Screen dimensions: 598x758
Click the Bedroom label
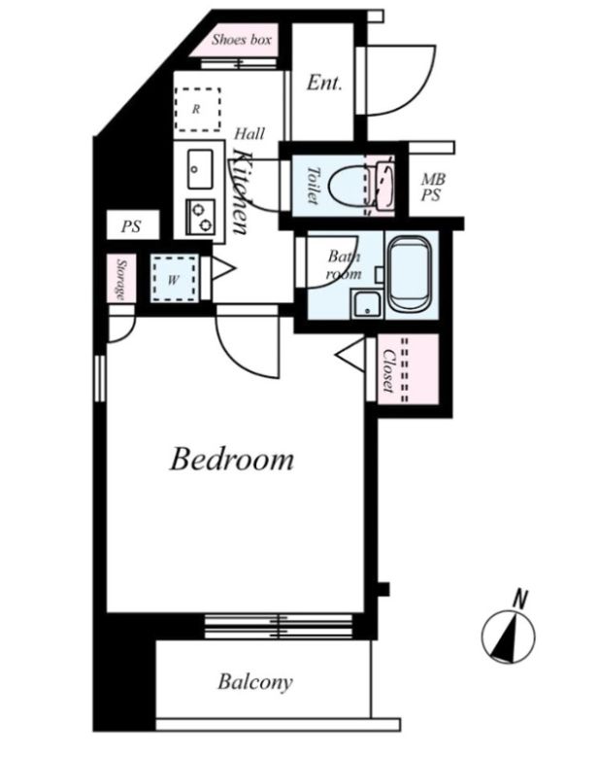pos(231,460)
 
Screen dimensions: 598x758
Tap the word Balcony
pos(255,682)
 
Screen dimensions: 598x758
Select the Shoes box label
pos(241,40)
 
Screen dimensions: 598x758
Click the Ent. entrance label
pos(324,83)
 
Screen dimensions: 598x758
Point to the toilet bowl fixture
pos(348,187)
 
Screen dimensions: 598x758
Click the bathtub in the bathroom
pos(410,274)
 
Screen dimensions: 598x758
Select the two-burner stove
pos(200,217)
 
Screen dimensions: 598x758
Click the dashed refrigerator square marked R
pos(198,109)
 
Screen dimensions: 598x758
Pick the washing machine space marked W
pos(174,279)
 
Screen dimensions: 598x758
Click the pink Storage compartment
pos(121,279)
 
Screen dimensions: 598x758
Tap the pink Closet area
pos(408,369)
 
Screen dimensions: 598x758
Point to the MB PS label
pos(433,188)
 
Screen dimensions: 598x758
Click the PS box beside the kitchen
pos(132,224)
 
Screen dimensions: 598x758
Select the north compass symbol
pos(508,637)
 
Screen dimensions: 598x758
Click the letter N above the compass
pos(519,599)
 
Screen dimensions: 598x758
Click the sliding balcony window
pos(279,627)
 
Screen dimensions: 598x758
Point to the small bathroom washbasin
pos(367,304)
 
